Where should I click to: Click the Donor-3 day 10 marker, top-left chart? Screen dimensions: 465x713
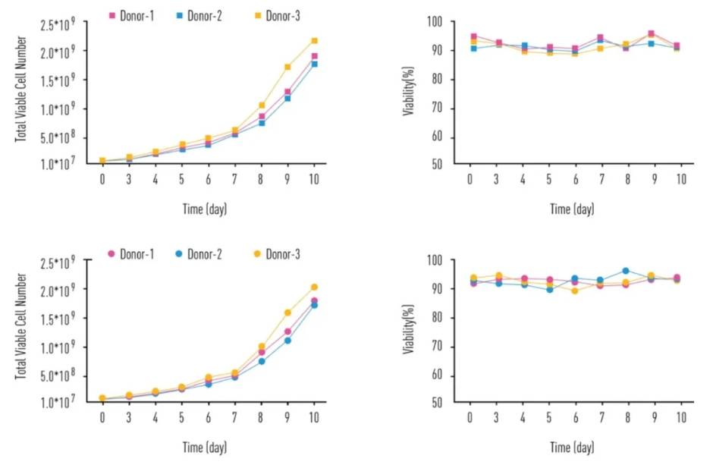pyautogui.click(x=313, y=41)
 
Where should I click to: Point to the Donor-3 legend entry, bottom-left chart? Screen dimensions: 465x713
pyautogui.click(x=274, y=254)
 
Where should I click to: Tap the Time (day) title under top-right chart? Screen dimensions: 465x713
pyautogui.click(x=572, y=209)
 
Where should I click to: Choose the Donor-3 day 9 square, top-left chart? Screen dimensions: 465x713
pyautogui.click(x=287, y=68)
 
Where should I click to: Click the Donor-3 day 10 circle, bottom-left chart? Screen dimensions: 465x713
pyautogui.click(x=313, y=287)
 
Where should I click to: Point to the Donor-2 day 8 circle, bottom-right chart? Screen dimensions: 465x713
pyautogui.click(x=626, y=271)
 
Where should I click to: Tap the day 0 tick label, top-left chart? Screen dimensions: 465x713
pyautogui.click(x=102, y=179)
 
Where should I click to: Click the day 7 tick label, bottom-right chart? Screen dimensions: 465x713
pyautogui.click(x=600, y=416)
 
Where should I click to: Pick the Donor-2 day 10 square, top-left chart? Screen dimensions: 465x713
pyautogui.click(x=313, y=64)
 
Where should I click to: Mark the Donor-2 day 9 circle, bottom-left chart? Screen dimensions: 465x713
pyautogui.click(x=287, y=341)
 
